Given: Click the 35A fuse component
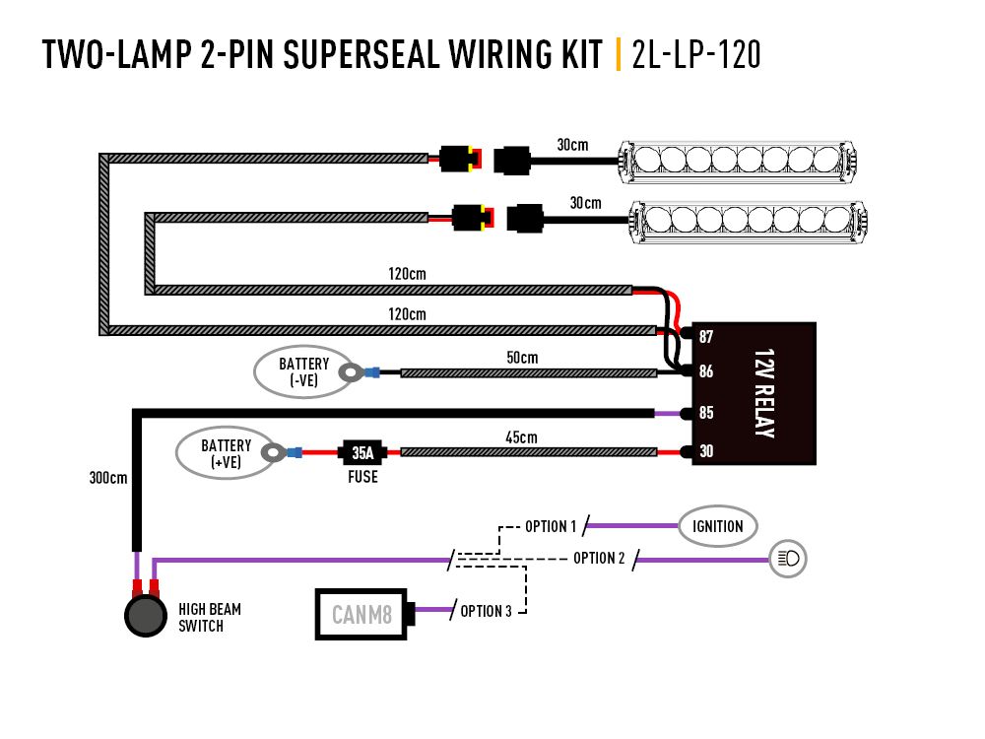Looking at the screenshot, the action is (x=362, y=453).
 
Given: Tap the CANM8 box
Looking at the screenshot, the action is (x=361, y=615).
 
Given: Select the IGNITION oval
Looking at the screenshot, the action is (x=717, y=526).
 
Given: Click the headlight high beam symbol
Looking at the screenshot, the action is (x=789, y=559).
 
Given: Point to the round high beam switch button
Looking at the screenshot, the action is (x=145, y=616).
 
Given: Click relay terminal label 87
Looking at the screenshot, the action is (x=706, y=337).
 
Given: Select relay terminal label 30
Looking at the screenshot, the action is (x=706, y=452).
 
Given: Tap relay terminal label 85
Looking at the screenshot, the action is (x=706, y=413).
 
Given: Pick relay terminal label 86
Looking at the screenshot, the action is (x=706, y=372).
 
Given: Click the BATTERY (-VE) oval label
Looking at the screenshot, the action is (x=303, y=372).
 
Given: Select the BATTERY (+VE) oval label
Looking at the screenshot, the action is (x=226, y=452).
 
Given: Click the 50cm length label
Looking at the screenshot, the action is (x=523, y=358).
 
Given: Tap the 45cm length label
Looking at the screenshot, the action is (x=522, y=437).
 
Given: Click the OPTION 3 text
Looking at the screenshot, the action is (x=486, y=611).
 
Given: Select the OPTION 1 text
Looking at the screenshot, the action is (x=550, y=527).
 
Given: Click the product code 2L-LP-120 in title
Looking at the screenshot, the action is (x=696, y=55).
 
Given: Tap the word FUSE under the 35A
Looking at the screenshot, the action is (x=361, y=477).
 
